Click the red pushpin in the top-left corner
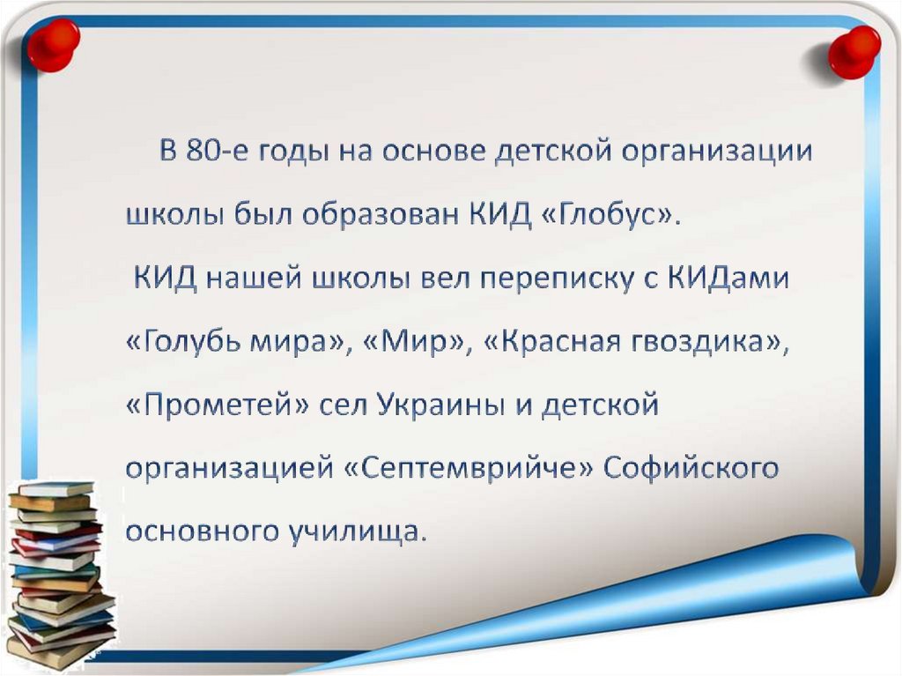[x=53, y=43]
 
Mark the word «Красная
[x=556, y=342]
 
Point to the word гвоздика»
[x=714, y=343]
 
